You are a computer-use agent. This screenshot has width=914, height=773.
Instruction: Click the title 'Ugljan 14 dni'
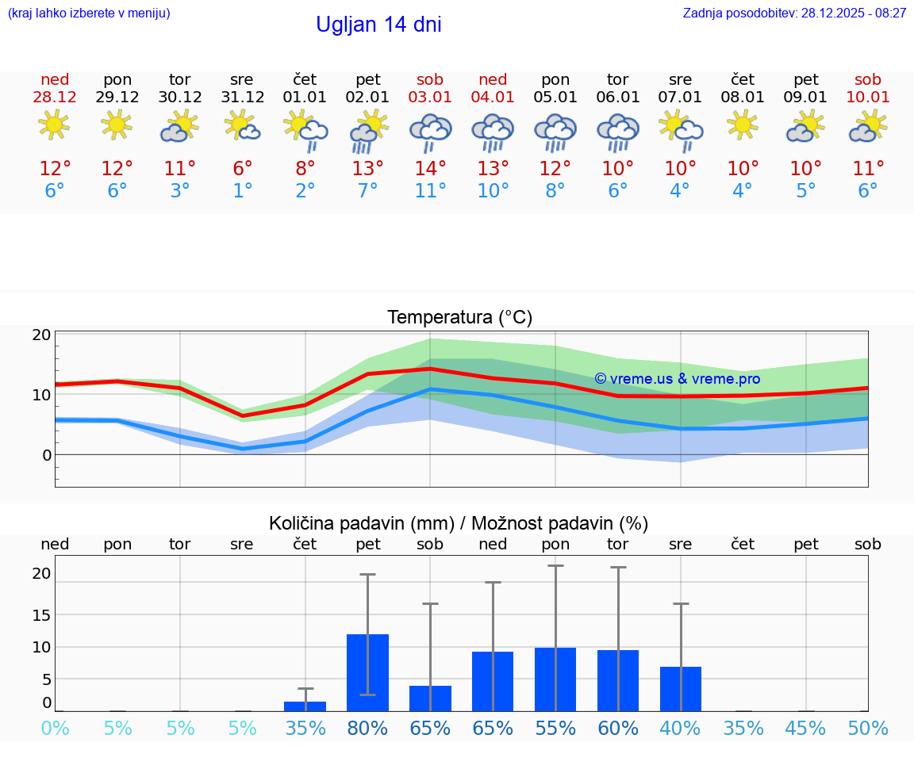(378, 25)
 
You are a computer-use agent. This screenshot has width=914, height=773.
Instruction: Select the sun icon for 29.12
(117, 125)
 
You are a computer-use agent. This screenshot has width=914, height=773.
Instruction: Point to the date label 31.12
(243, 98)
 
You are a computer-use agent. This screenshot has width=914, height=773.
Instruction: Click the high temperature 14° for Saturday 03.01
(430, 168)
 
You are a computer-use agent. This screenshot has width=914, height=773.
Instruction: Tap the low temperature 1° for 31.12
(243, 191)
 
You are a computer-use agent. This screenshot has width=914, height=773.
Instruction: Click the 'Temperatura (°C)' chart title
(459, 317)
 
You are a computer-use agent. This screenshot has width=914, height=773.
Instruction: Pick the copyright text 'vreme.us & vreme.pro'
(677, 379)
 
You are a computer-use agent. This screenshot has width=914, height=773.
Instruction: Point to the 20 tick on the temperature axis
(42, 335)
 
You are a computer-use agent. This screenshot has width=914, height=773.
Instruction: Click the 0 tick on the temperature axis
(47, 455)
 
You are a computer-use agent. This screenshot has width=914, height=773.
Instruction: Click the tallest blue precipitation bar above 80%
(368, 672)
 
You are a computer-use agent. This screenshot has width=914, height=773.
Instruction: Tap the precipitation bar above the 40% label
(681, 689)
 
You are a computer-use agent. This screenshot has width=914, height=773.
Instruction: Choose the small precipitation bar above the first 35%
(305, 706)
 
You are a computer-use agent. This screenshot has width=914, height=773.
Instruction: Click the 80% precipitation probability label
(368, 729)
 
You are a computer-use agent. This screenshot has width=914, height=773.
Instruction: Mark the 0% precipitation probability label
(55, 729)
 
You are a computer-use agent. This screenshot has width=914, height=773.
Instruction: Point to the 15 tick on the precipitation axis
(42, 614)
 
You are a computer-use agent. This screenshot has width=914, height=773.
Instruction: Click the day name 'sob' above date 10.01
(868, 79)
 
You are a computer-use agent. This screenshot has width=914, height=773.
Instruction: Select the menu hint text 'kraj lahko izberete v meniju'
(89, 13)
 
